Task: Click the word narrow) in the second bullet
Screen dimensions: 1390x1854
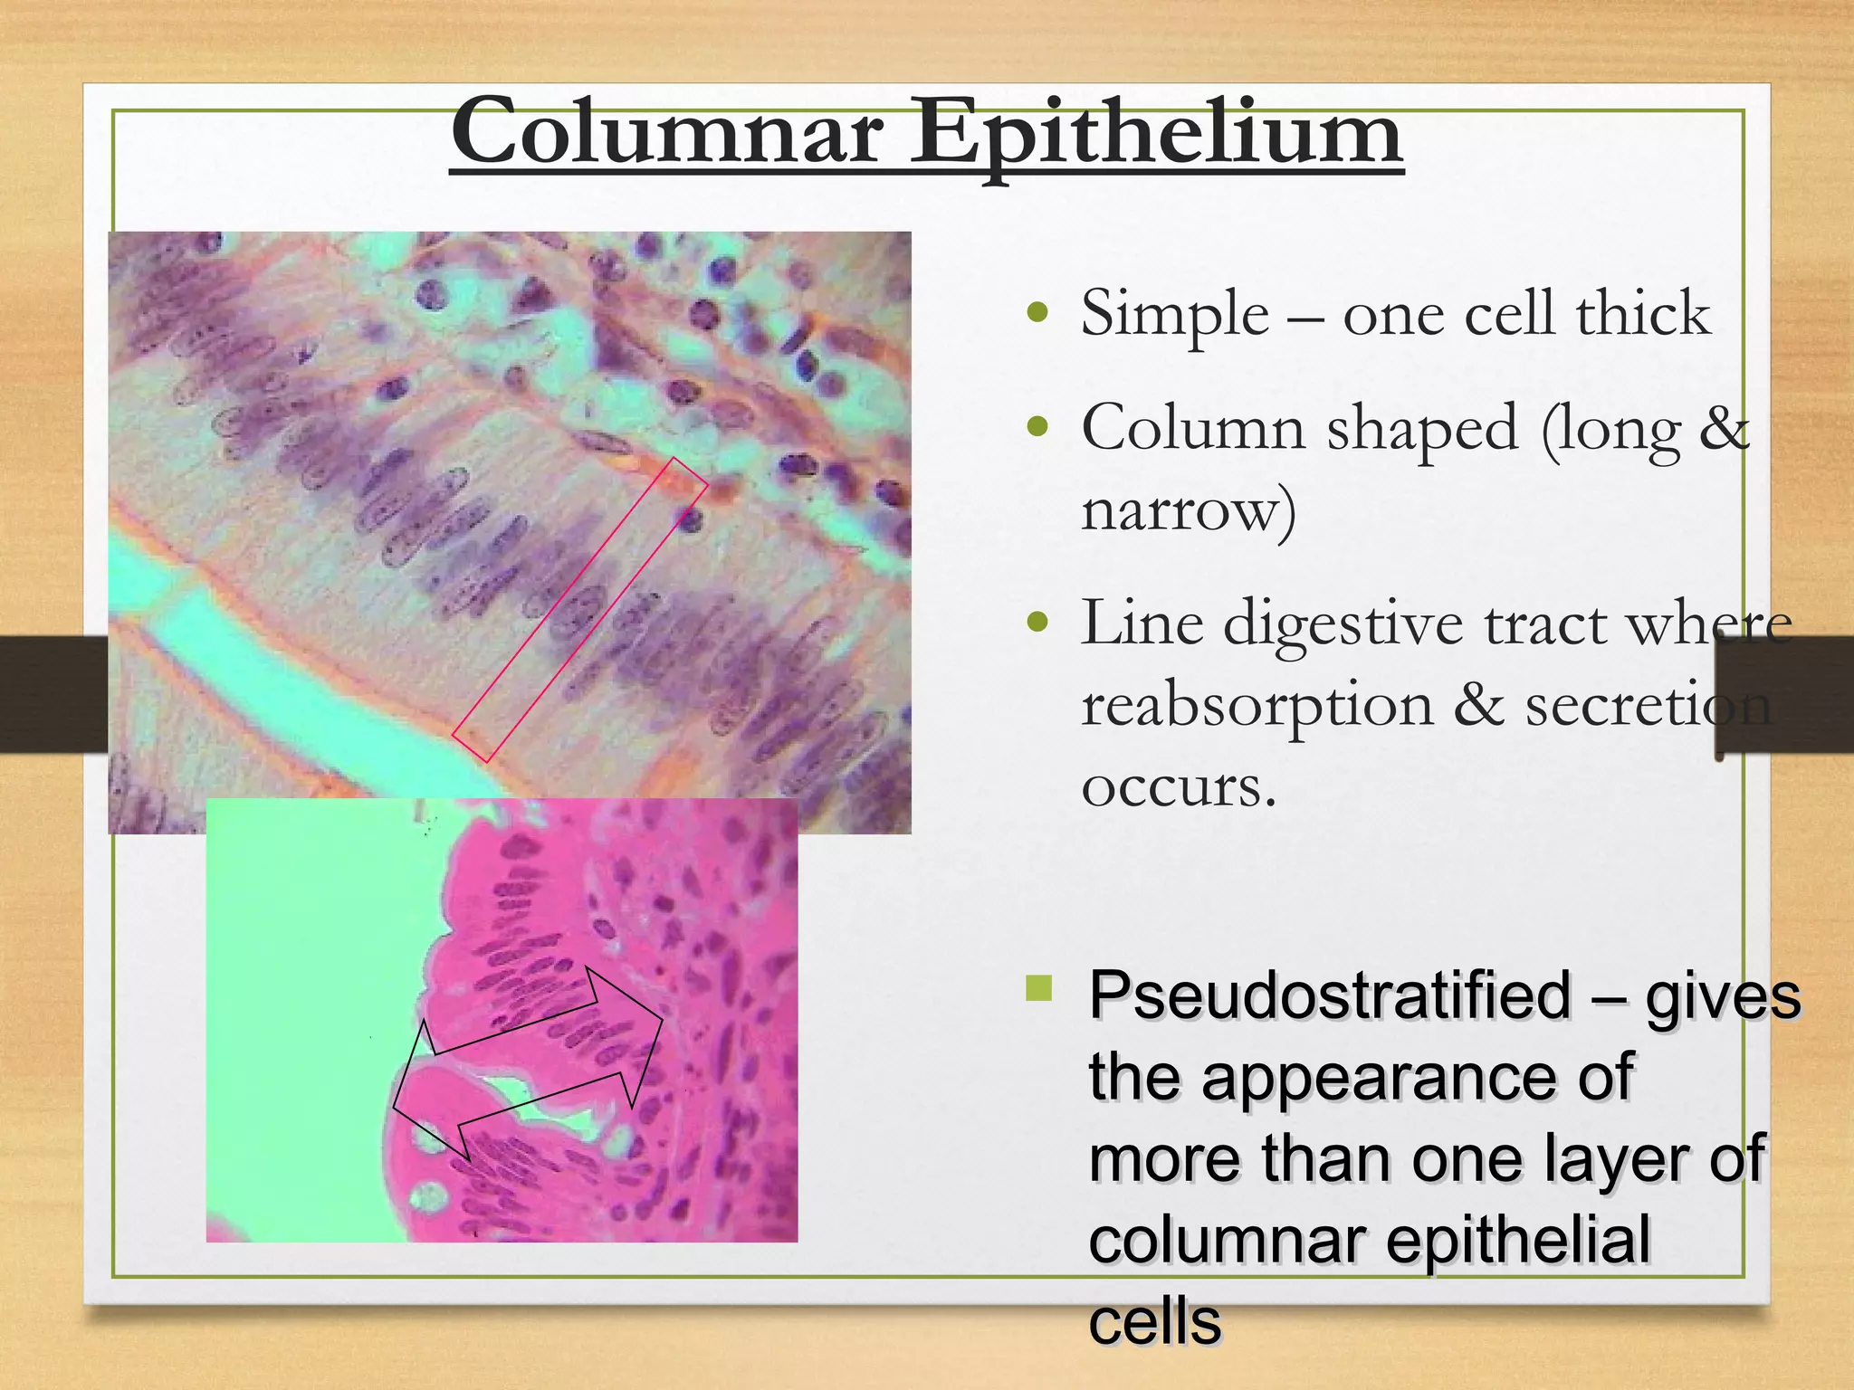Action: pos(1189,509)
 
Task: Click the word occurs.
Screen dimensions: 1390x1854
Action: pos(1178,785)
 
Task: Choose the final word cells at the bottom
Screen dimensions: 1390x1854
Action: pos(1154,1321)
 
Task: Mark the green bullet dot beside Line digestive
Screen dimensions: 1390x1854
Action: pos(1038,624)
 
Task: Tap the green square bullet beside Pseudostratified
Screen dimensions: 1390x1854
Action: pos(1039,987)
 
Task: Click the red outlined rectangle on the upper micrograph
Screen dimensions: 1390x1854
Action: pos(579,609)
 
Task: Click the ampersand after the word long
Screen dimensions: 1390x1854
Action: pos(1724,427)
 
